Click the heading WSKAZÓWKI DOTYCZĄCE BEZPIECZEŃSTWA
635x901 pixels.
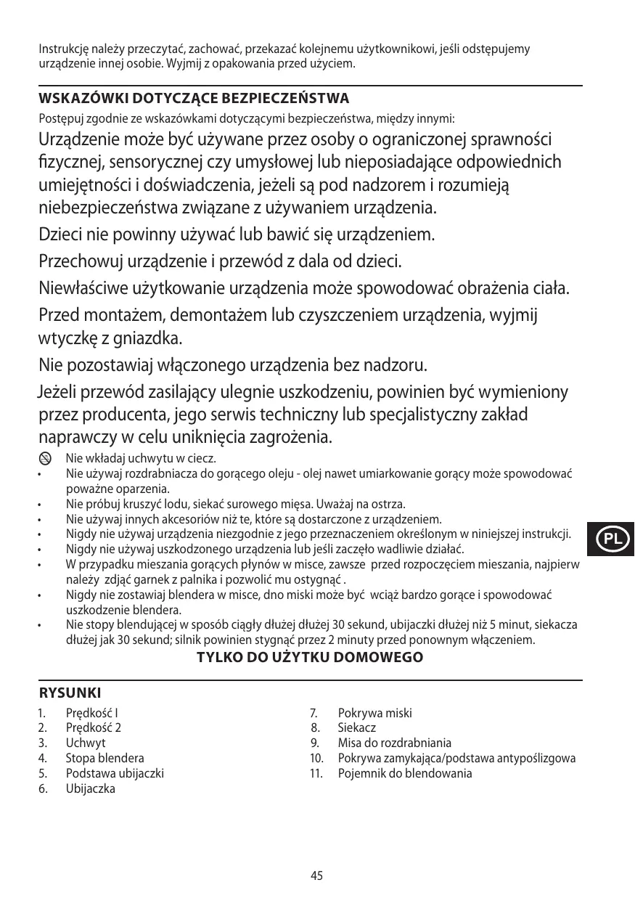coord(194,98)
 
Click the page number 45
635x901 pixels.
coord(316,876)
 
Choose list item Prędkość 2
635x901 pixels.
coord(94,727)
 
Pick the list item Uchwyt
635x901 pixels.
coord(86,743)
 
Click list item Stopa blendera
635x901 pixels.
coord(105,758)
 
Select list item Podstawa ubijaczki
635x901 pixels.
coord(115,773)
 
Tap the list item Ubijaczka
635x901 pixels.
coord(90,788)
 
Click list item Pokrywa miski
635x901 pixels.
coord(374,713)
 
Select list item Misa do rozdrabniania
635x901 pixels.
coord(394,743)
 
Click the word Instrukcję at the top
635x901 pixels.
coord(63,49)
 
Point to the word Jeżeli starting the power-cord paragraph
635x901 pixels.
coord(58,394)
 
